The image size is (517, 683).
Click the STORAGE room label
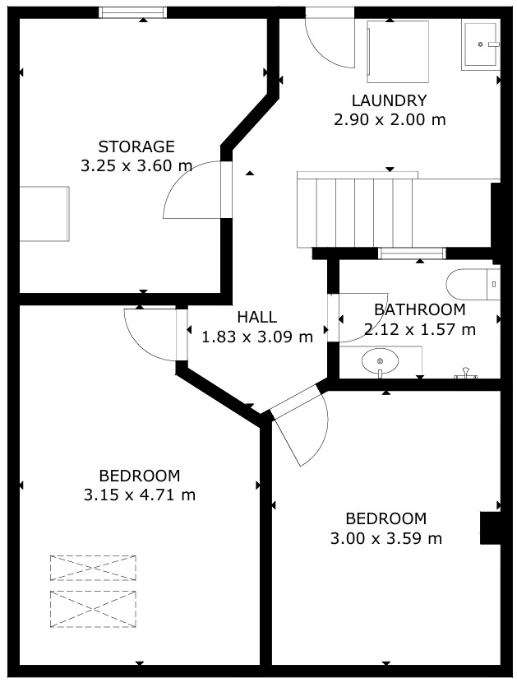(x=136, y=146)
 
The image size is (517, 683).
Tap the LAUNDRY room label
(x=389, y=100)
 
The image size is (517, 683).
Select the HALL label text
(x=257, y=317)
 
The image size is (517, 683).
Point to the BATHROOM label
(x=419, y=309)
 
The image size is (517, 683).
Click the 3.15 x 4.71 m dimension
(x=139, y=495)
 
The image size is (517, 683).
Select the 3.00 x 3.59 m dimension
(x=386, y=538)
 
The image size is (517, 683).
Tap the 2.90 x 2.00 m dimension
(x=390, y=119)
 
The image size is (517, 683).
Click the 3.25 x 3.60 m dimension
(x=136, y=166)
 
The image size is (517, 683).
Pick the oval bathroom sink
(x=380, y=361)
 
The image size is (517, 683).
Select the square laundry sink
(x=480, y=45)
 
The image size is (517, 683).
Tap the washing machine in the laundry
(x=398, y=51)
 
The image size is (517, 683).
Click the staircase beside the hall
(x=355, y=210)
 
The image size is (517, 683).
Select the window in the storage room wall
(x=132, y=12)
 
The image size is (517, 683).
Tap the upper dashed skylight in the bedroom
(x=93, y=568)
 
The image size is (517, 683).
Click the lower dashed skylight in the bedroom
(x=93, y=609)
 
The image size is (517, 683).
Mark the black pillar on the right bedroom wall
(x=491, y=528)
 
